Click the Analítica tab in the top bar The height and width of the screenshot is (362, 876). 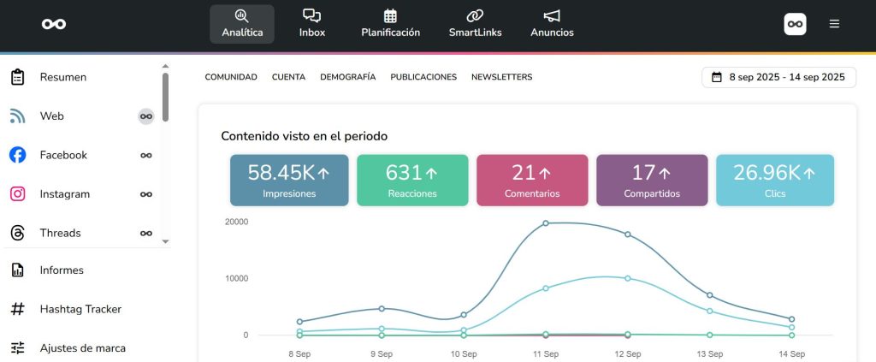tap(242, 24)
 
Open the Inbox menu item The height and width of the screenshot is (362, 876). tap(312, 24)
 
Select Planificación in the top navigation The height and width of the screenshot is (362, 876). tap(390, 24)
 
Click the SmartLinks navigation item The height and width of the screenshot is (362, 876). tap(475, 24)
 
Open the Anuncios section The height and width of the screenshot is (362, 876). tap(552, 24)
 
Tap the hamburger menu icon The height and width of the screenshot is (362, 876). tap(834, 24)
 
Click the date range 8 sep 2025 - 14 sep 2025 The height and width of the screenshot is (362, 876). tap(778, 77)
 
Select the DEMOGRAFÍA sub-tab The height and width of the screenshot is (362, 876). tap(347, 77)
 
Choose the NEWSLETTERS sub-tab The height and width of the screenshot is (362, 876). tap(501, 77)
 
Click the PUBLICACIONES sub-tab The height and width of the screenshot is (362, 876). tap(423, 77)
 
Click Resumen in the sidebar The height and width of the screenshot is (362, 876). tap(62, 77)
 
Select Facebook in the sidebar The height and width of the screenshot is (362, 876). tap(63, 155)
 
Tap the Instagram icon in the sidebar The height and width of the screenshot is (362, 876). tap(17, 194)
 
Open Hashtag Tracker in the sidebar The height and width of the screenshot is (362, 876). tap(80, 309)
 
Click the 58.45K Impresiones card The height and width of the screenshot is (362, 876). tap(289, 181)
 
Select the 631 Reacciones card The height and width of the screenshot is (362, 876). tap(412, 181)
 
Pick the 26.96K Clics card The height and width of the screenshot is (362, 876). tap(774, 181)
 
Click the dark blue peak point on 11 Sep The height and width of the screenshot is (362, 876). tap(546, 223)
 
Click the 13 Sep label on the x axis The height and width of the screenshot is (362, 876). tap(709, 353)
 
